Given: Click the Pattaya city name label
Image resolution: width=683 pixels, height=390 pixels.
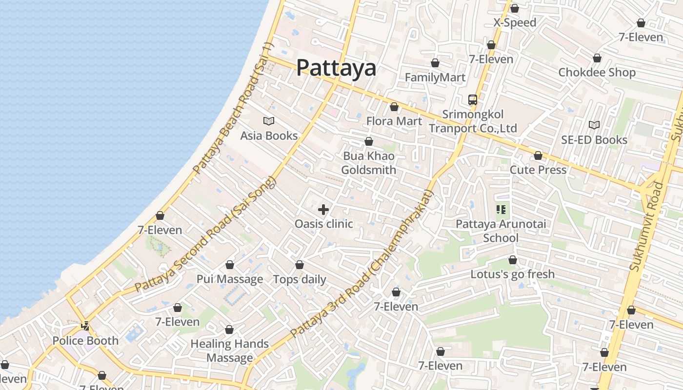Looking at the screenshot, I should click(x=336, y=68).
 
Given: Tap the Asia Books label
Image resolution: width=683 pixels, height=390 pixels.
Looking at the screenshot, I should click(x=269, y=136).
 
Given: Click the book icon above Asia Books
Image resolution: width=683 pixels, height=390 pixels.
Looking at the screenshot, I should click(x=269, y=121).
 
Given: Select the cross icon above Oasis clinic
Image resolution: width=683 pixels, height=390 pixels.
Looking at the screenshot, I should click(x=323, y=210).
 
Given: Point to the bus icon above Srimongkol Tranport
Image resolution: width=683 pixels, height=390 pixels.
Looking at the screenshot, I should click(x=472, y=100).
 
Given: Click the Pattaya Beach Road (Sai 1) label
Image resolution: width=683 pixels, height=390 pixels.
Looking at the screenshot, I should click(x=234, y=108).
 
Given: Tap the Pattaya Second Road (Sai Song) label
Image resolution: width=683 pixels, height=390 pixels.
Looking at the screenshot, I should click(x=205, y=234).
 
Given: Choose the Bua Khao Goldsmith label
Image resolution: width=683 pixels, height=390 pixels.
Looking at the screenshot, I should click(x=368, y=163).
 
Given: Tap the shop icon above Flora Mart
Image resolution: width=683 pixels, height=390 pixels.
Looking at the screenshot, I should click(x=394, y=107).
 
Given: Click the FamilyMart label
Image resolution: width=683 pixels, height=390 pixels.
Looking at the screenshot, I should click(x=435, y=77).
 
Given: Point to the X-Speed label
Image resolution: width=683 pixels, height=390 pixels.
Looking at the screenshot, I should click(x=515, y=22).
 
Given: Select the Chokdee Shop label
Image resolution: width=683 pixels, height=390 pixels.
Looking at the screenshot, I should click(x=597, y=72).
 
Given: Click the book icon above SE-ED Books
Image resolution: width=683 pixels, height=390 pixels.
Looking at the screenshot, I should click(x=594, y=125).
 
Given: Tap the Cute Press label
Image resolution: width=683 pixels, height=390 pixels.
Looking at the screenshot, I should click(x=538, y=170).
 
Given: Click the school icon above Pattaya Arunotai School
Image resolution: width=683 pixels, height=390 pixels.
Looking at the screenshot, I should click(x=501, y=210).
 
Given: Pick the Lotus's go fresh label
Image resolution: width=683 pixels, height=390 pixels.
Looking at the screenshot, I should click(x=512, y=274).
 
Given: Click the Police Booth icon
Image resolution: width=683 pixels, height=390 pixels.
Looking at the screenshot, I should click(x=85, y=326).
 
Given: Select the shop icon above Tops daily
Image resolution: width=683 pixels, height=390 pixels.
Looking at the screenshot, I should click(x=300, y=265).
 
